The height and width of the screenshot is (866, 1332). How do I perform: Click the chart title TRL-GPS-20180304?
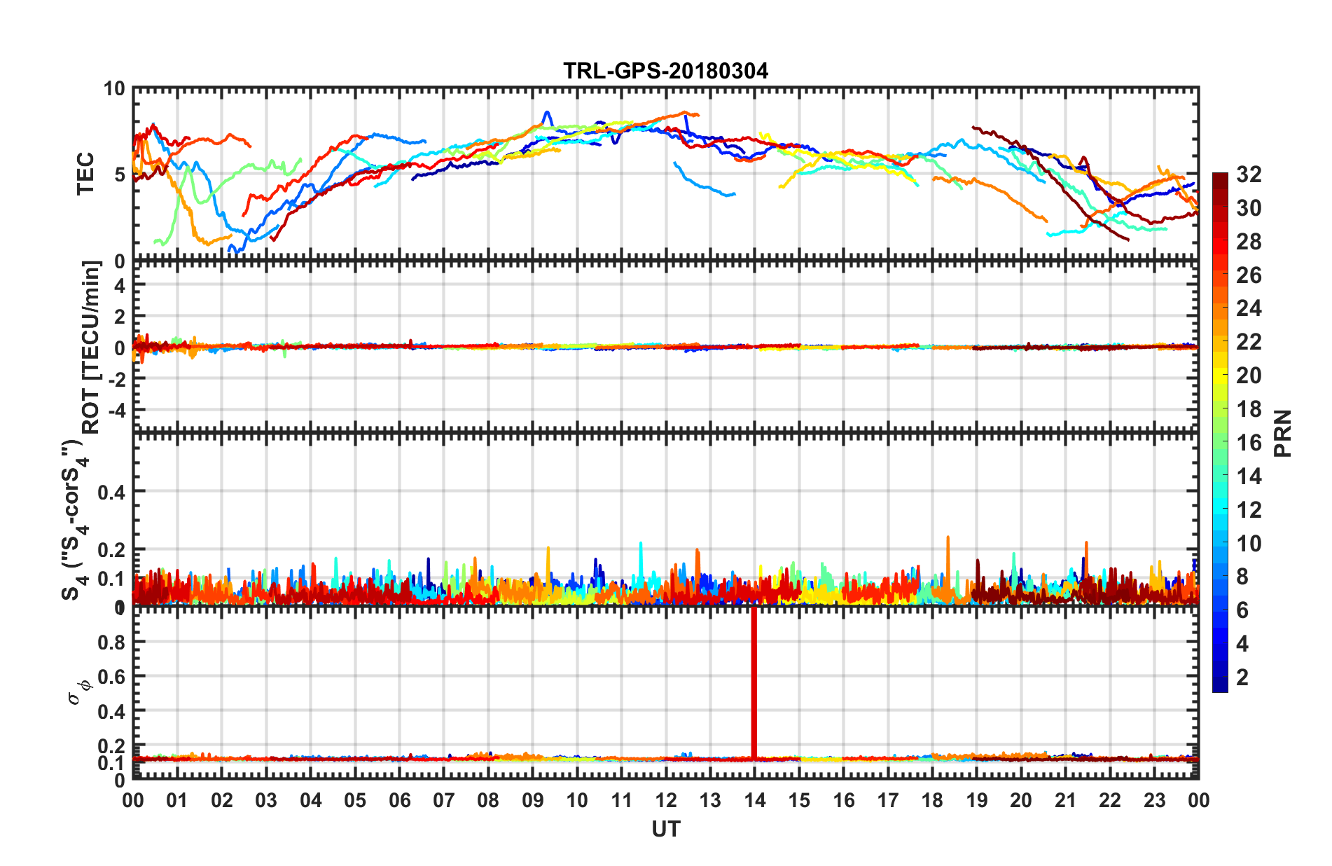pyautogui.click(x=665, y=71)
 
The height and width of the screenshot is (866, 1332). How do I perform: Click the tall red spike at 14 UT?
pyautogui.click(x=754, y=683)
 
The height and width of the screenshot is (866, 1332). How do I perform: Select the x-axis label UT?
pyautogui.click(x=665, y=830)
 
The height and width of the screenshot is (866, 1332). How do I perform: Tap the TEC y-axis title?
pyautogui.click(x=85, y=174)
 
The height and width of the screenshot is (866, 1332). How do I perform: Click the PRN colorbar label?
pyautogui.click(x=1282, y=433)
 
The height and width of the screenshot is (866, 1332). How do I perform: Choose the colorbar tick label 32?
pyautogui.click(x=1248, y=174)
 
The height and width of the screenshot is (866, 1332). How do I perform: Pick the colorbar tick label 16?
pyautogui.click(x=1248, y=443)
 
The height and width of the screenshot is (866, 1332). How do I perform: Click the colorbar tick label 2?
pyautogui.click(x=1242, y=678)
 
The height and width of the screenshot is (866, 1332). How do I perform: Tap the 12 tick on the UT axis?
pyautogui.click(x=665, y=800)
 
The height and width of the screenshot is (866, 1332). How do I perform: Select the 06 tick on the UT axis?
pyautogui.click(x=399, y=800)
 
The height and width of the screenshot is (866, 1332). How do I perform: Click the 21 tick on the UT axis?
pyautogui.click(x=1065, y=800)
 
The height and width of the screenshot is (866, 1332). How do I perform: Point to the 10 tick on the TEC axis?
pyautogui.click(x=114, y=89)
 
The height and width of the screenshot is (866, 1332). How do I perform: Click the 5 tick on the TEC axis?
pyautogui.click(x=119, y=174)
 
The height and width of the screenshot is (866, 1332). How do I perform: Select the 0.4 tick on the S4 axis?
pyautogui.click(x=111, y=492)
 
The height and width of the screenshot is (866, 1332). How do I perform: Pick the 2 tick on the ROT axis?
pyautogui.click(x=119, y=317)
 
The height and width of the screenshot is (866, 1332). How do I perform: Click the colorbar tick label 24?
pyautogui.click(x=1248, y=308)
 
